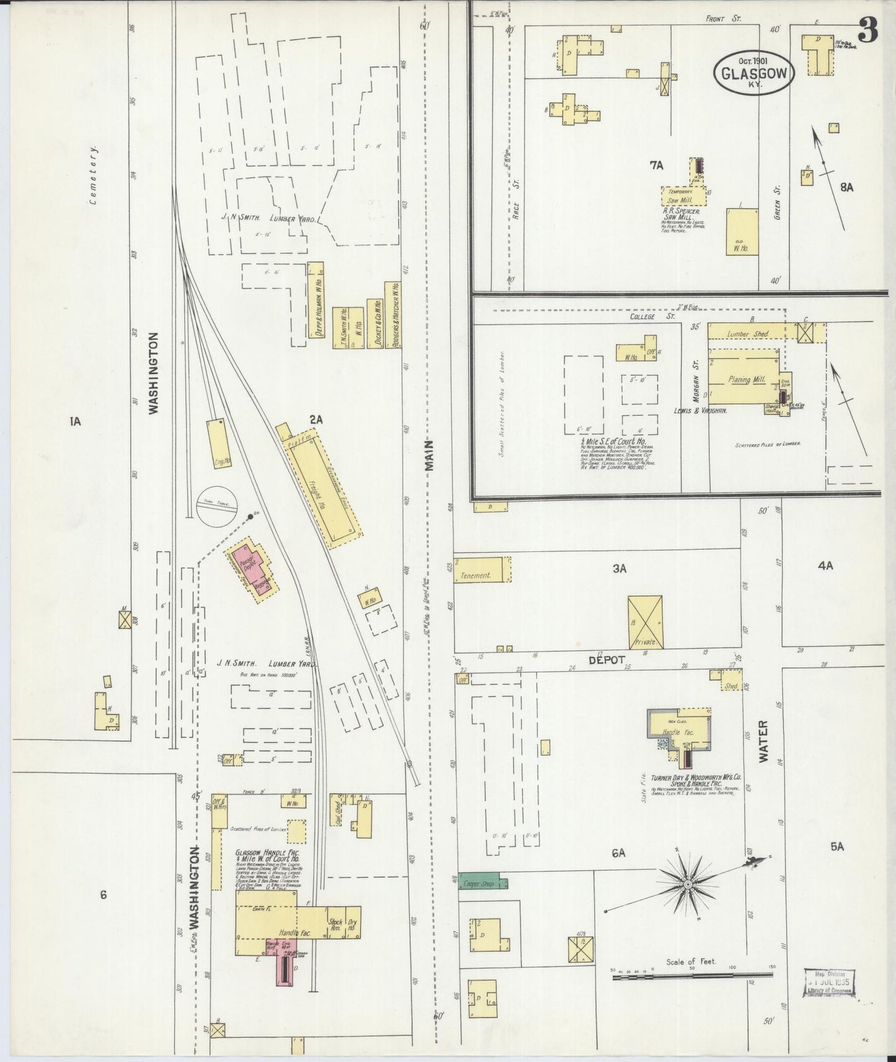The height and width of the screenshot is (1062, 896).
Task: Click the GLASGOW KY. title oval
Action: tap(754, 74)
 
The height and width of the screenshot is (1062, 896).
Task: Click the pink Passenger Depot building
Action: tap(252, 568)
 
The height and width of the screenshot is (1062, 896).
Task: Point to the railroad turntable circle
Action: tap(217, 505)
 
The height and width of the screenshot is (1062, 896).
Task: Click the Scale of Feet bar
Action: tap(692, 977)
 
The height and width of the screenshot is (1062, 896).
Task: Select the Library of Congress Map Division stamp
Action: tap(830, 982)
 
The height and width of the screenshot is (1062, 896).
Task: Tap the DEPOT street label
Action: tap(608, 660)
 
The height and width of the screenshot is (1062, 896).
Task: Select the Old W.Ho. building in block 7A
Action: tap(742, 232)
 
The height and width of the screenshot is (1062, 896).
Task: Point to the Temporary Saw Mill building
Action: tap(685, 196)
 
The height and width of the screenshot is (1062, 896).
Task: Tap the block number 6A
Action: tap(618, 853)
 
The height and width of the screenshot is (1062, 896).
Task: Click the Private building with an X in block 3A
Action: tap(645, 622)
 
